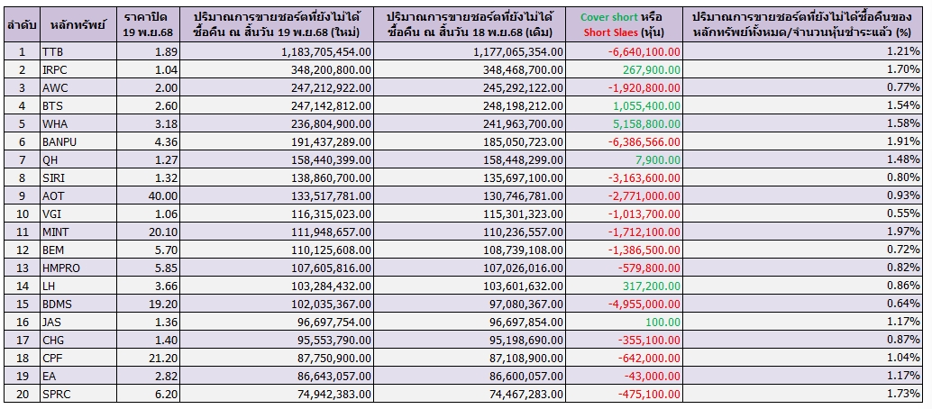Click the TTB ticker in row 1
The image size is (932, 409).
(x=52, y=52)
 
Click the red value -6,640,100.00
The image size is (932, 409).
(x=643, y=52)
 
